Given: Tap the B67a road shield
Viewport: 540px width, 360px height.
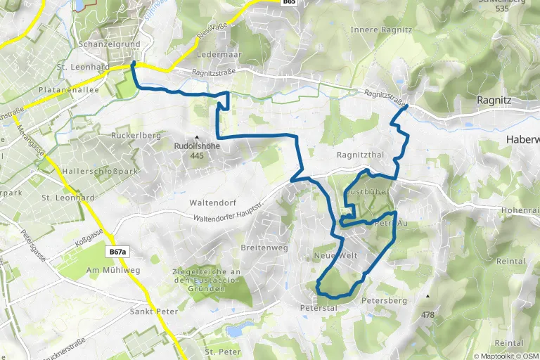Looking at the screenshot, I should [117, 252].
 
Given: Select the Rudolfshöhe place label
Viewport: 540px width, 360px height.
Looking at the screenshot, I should [197, 146].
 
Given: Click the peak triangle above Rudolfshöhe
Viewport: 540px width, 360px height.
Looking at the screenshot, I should [197, 137].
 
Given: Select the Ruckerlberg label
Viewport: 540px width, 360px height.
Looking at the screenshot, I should [136, 134].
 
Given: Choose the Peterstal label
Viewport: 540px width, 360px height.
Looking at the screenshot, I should [319, 308].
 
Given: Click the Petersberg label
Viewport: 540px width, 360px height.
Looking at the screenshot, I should [384, 300].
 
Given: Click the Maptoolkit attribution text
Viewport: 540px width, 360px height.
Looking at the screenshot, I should [496, 355].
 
